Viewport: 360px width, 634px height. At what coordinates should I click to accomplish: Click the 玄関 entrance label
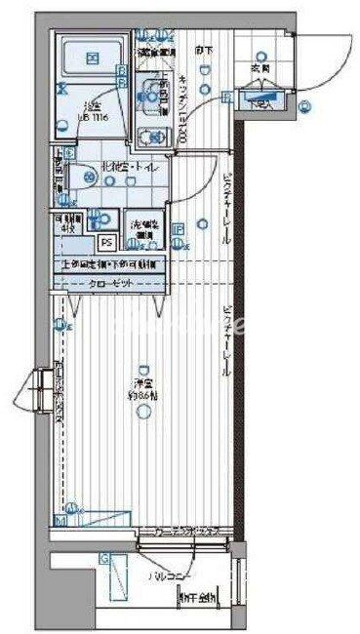pyautogui.click(x=260, y=69)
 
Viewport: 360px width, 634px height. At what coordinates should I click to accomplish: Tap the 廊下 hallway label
pyautogui.click(x=201, y=51)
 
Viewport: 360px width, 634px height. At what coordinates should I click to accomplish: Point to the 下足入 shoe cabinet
pyautogui.click(x=259, y=98)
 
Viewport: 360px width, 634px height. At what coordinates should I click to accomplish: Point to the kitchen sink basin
pyautogui.click(x=151, y=95)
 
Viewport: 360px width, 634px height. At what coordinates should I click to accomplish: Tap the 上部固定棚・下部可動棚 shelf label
pyautogui.click(x=112, y=263)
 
